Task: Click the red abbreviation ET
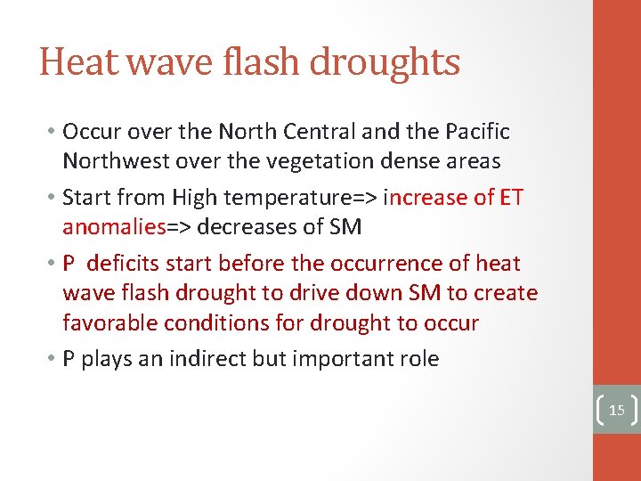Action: click(511, 197)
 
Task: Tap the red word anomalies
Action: click(114, 226)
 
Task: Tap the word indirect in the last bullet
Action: click(234, 359)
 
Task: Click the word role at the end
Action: click(418, 359)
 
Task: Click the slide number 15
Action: click(615, 411)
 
